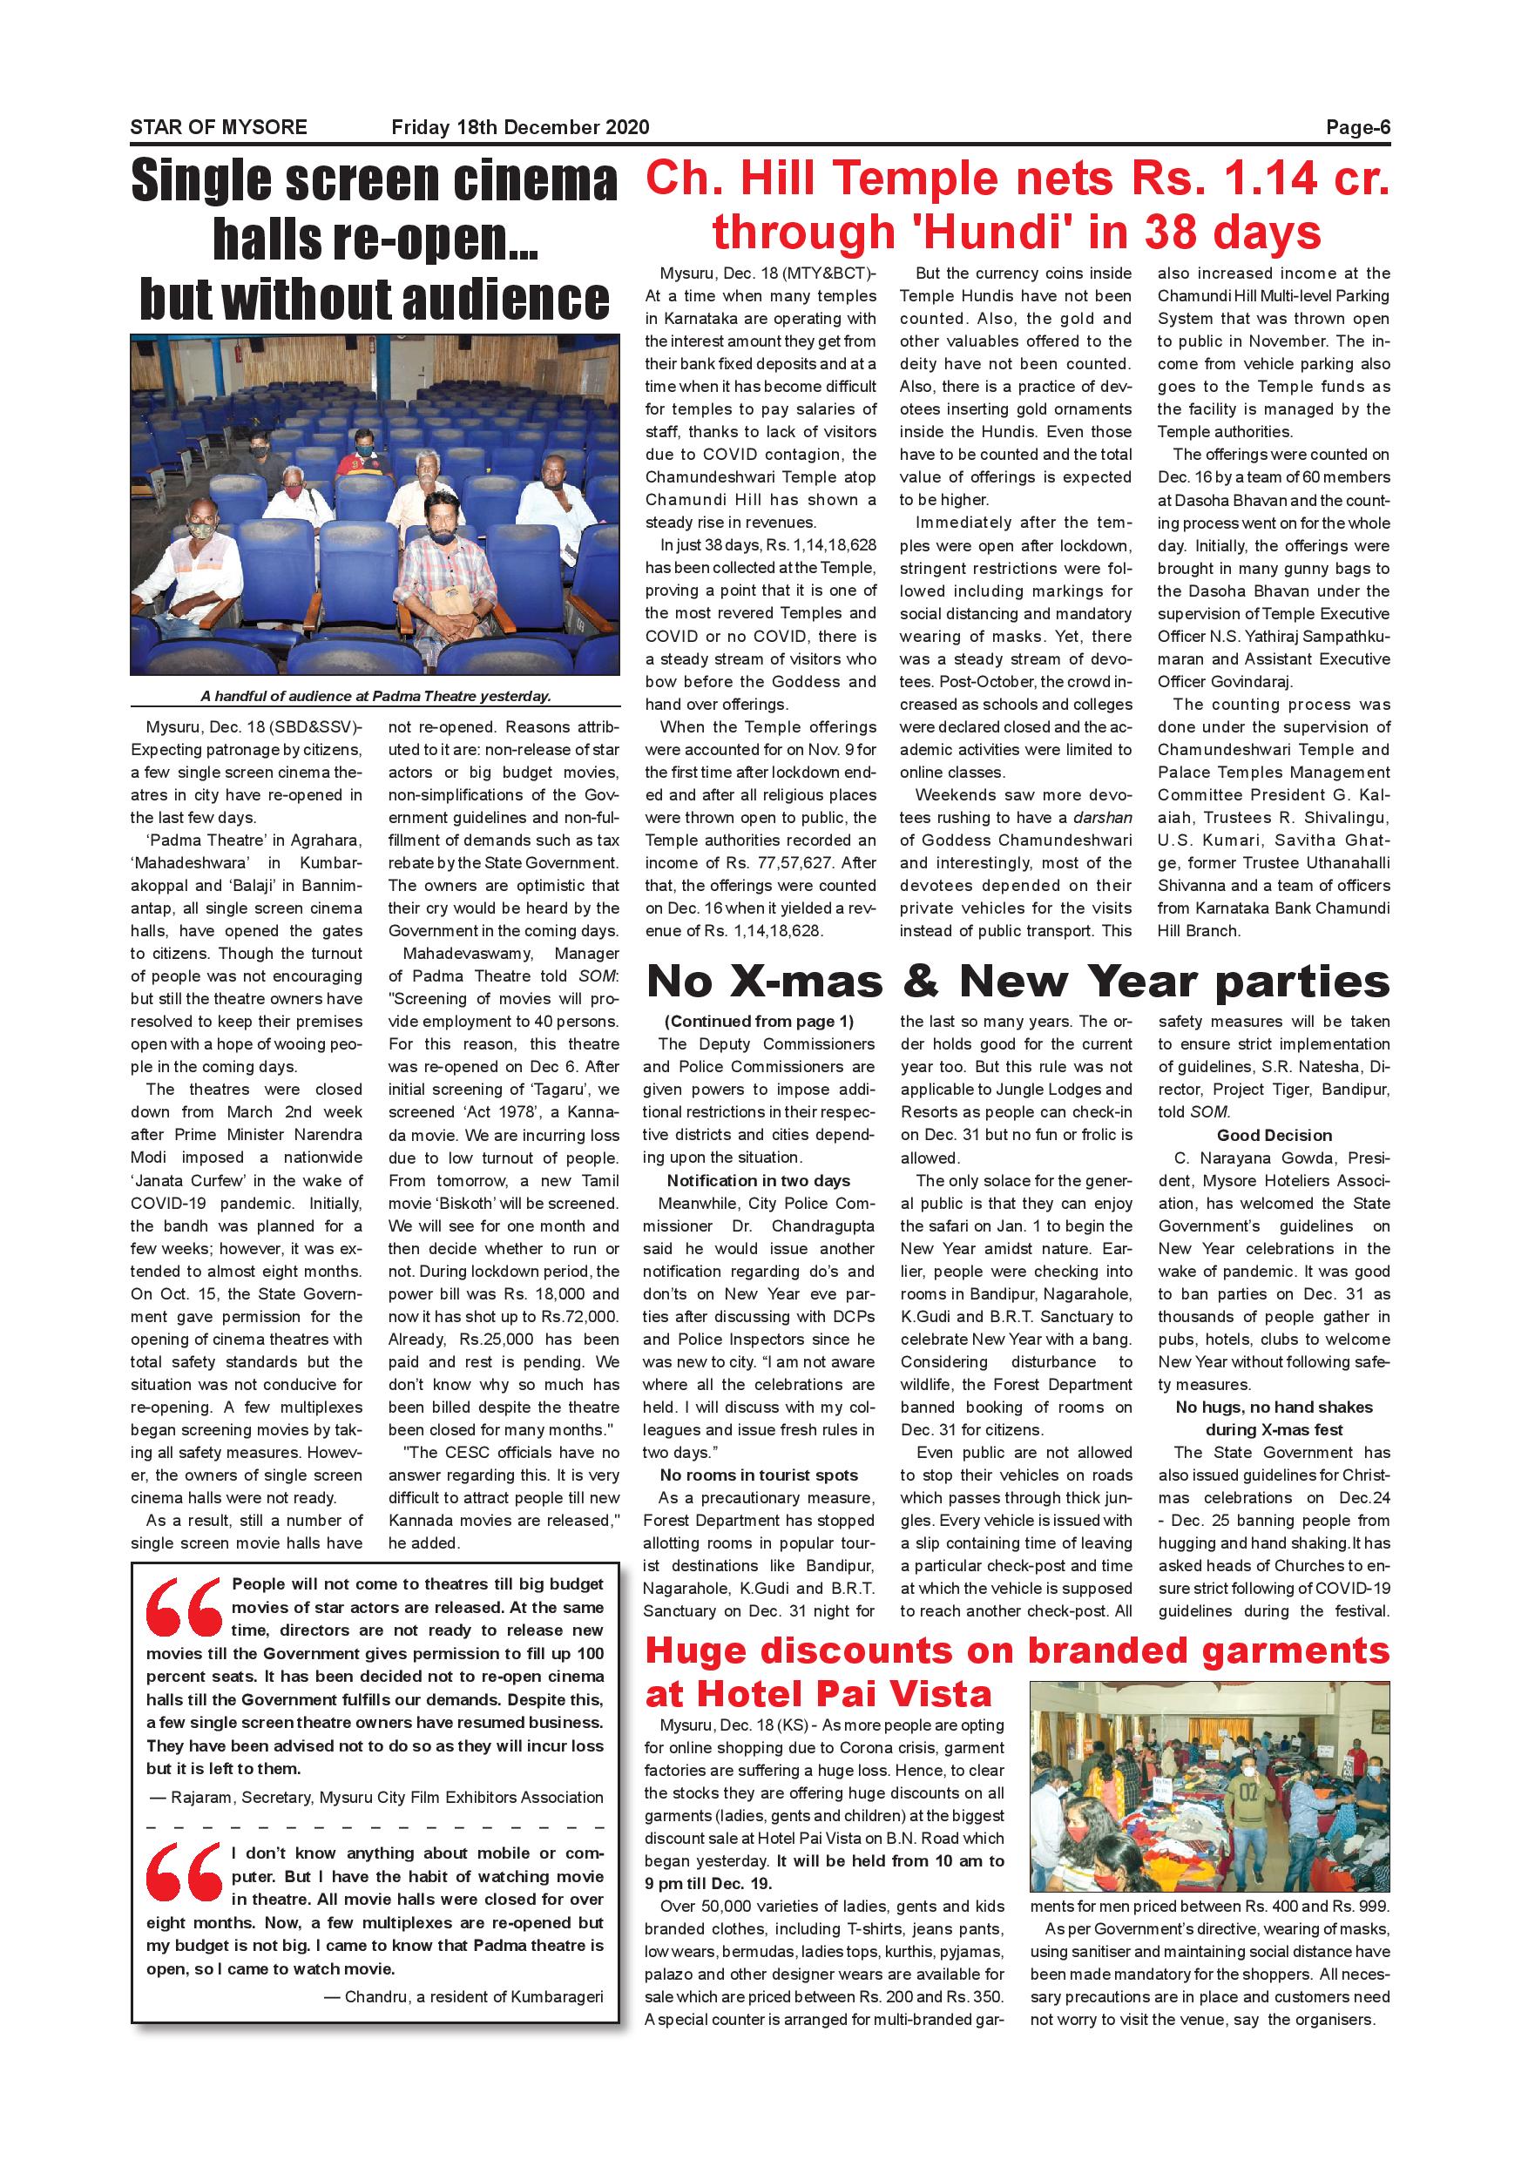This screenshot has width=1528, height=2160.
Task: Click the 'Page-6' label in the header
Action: click(x=1356, y=128)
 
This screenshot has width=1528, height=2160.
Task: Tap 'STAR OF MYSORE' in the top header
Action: click(x=219, y=128)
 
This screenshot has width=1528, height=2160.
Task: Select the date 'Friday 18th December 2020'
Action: click(x=519, y=128)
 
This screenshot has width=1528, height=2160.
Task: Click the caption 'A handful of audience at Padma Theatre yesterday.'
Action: click(x=375, y=696)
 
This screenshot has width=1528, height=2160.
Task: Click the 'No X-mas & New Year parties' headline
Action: click(x=1018, y=982)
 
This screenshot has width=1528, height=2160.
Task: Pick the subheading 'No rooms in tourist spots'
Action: click(x=759, y=1475)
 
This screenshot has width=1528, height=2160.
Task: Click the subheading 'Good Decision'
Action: click(x=1274, y=1136)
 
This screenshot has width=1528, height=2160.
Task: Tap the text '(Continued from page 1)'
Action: click(x=759, y=1022)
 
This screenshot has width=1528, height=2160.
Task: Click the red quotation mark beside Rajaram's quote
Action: click(x=184, y=1608)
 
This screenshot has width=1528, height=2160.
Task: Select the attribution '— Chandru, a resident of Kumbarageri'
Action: click(x=463, y=1996)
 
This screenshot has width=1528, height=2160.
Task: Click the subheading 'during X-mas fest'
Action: click(x=1274, y=1430)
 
